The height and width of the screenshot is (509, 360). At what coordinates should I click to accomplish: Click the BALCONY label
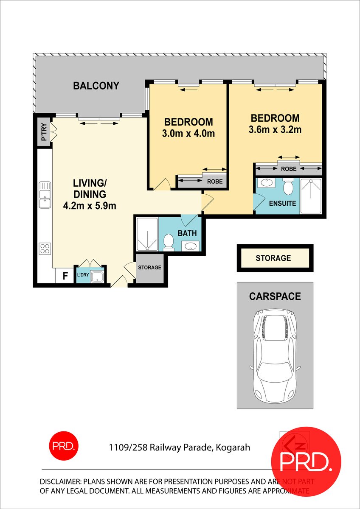pos(96,86)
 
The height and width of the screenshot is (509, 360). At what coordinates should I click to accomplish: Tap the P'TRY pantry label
pos(44,132)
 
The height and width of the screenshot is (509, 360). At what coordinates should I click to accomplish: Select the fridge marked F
pos(65,276)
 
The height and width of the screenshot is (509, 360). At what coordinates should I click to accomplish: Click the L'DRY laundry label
pos(83,275)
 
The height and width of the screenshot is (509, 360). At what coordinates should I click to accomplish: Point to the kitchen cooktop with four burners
pos(45,249)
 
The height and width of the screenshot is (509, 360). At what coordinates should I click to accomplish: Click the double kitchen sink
pos(45,195)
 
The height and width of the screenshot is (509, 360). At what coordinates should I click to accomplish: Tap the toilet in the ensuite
pos(288,186)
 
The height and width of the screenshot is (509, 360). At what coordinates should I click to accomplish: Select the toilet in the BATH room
pos(169,243)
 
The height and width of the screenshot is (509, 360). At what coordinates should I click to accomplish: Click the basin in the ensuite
pos(265,182)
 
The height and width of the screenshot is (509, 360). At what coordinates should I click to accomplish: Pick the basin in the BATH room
pos(190,246)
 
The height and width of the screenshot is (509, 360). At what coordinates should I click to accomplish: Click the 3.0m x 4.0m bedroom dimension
pos(188,133)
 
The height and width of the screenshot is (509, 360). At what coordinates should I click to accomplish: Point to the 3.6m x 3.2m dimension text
pos(275,129)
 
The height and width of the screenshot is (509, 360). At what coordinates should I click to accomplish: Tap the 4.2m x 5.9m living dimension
pos(90,206)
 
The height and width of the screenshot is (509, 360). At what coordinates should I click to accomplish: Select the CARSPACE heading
pos(275,296)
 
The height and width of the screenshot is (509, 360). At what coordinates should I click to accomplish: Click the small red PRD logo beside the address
pos(64,446)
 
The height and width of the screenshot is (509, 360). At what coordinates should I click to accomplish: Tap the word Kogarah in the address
pos(233,447)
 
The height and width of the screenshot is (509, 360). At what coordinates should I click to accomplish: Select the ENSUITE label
pos(282,203)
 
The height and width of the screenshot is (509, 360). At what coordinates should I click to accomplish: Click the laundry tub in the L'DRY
pos(97,277)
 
